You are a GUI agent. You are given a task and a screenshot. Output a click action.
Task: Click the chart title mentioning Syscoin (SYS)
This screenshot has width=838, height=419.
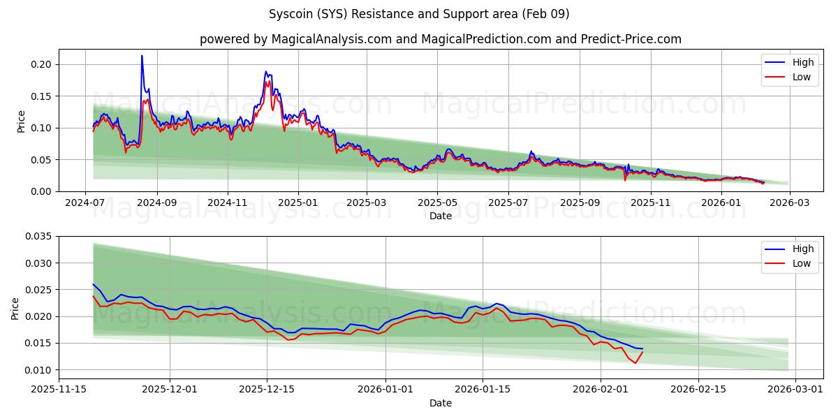click(x=419, y=14)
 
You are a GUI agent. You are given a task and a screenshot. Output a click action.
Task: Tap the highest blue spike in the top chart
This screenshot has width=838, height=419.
click(x=142, y=56)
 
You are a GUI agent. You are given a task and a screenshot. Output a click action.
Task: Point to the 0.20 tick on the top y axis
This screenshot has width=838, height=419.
click(x=42, y=64)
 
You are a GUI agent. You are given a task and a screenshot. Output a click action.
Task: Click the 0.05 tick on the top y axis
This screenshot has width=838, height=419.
click(x=42, y=159)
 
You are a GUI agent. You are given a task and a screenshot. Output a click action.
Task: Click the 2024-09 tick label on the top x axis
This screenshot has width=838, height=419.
click(x=156, y=203)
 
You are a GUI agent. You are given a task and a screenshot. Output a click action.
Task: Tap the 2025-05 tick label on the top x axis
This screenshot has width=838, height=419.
click(x=437, y=203)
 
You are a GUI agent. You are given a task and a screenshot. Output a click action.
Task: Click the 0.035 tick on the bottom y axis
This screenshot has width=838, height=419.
click(x=39, y=237)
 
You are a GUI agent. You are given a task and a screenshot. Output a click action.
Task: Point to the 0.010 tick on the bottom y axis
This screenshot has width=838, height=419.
click(x=39, y=369)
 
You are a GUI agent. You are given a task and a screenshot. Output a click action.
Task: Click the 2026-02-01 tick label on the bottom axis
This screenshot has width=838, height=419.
click(x=601, y=390)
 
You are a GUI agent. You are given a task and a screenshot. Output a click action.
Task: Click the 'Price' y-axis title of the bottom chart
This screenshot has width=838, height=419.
click(x=16, y=308)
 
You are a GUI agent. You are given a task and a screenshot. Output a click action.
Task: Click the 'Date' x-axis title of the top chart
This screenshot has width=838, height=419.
click(x=440, y=216)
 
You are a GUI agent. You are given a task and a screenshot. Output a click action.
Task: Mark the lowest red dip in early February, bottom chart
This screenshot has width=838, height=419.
click(x=635, y=363)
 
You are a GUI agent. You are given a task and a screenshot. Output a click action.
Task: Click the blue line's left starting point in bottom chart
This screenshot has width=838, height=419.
click(x=93, y=284)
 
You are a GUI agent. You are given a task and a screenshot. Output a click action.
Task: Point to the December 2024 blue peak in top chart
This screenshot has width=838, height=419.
click(x=266, y=71)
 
